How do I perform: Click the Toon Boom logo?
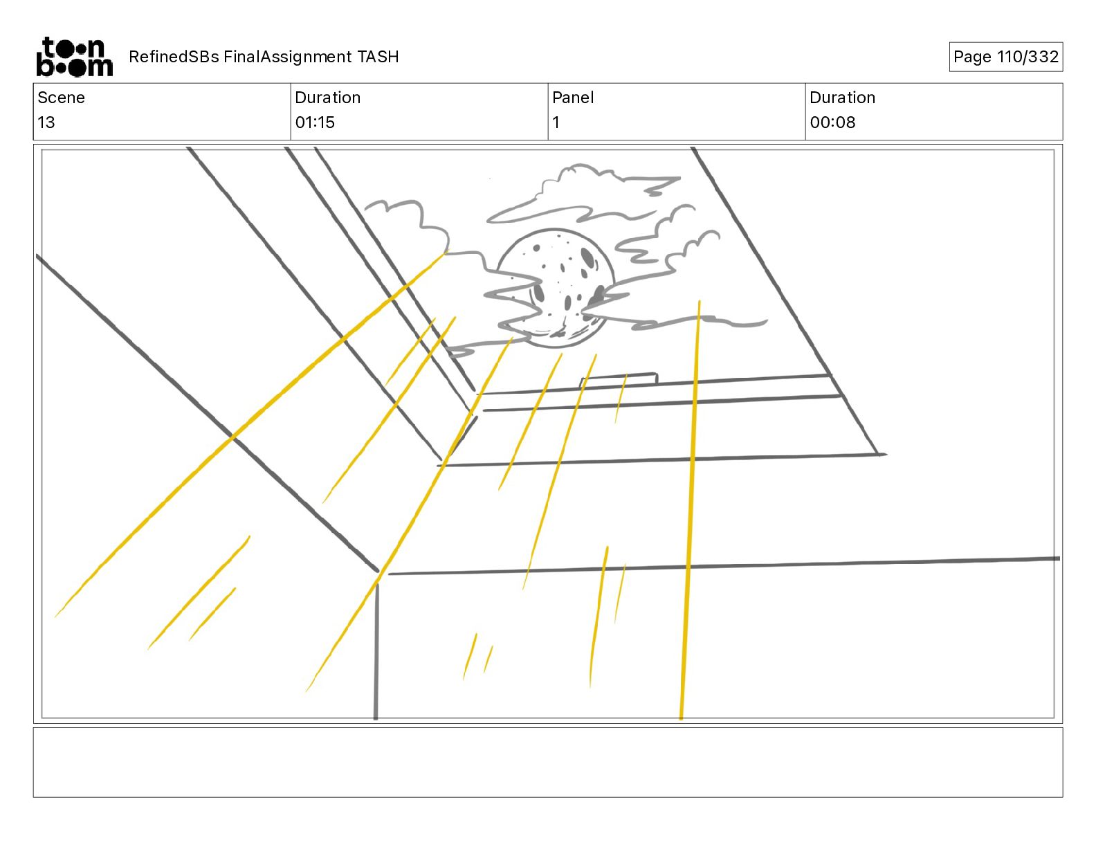(x=75, y=57)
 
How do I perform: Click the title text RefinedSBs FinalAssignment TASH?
(x=264, y=57)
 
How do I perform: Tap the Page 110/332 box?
(x=1006, y=57)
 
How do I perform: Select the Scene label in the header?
(x=61, y=98)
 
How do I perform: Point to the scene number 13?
(x=46, y=122)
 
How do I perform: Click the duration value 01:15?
(x=315, y=122)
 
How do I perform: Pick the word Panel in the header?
(x=573, y=98)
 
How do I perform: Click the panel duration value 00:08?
(x=832, y=122)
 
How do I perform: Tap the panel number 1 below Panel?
(x=556, y=122)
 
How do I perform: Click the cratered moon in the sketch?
(x=556, y=288)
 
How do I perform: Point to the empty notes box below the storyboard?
(x=548, y=763)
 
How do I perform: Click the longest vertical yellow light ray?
(x=690, y=509)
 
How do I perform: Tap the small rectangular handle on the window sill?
(x=619, y=379)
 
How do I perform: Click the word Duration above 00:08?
(x=842, y=98)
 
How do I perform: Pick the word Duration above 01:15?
(x=328, y=98)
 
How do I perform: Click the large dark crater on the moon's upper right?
(x=588, y=257)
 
